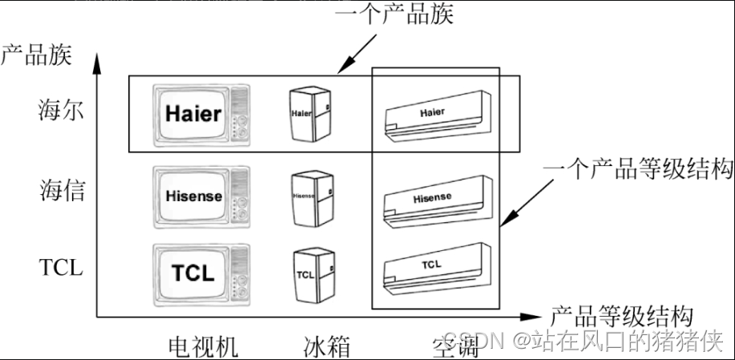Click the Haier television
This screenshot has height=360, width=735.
tap(200, 114)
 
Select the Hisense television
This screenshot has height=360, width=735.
tap(200, 195)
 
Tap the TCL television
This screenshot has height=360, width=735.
tap(200, 272)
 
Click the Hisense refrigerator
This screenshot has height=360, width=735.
tap(310, 196)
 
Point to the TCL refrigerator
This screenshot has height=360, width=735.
tap(312, 273)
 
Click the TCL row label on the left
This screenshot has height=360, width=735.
tap(61, 267)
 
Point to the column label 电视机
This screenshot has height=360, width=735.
tap(203, 346)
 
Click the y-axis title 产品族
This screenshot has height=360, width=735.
tap(36, 55)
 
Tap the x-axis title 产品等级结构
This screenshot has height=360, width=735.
tap(622, 314)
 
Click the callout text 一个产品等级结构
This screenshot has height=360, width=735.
tap(638, 170)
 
